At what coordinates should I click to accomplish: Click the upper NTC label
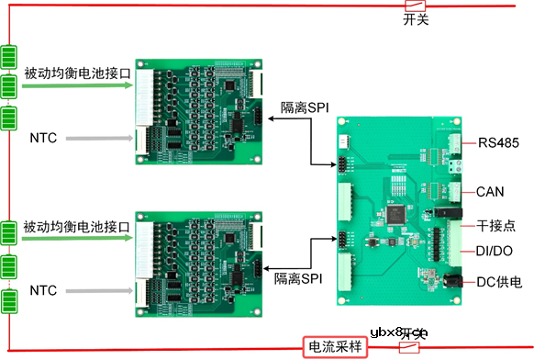[x=43, y=139]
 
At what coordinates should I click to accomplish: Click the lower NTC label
[x=43, y=291]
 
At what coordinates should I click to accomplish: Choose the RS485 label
[x=498, y=142]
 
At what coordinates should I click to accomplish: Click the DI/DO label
[x=495, y=251]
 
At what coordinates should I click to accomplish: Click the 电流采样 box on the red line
[x=335, y=347]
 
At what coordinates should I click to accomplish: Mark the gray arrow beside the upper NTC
[x=100, y=139]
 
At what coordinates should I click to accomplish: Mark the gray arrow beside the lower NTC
[x=100, y=291]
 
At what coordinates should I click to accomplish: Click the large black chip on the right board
[x=396, y=213]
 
